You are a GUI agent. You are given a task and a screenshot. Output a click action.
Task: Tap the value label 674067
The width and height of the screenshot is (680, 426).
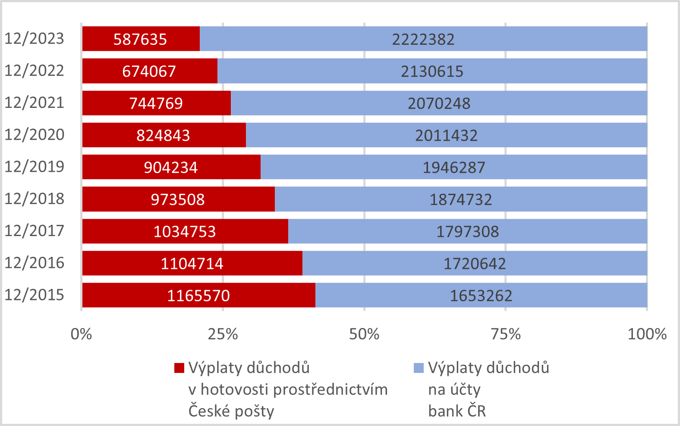(x=149, y=71)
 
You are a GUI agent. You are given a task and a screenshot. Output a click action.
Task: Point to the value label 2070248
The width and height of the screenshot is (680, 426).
(x=439, y=104)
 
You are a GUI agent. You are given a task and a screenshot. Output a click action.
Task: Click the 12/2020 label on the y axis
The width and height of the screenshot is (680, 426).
(x=35, y=135)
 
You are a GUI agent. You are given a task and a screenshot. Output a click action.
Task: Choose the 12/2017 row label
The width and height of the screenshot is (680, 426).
(x=35, y=231)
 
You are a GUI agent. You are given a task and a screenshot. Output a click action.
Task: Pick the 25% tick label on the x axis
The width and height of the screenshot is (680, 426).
(x=223, y=334)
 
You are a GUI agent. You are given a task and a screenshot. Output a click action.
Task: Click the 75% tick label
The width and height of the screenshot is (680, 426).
(x=506, y=334)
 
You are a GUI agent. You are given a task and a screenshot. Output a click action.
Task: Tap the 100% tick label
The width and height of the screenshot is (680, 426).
(x=647, y=334)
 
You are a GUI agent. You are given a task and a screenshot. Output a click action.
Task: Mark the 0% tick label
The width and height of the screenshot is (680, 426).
(x=82, y=334)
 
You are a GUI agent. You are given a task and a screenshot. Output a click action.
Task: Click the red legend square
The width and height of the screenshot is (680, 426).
(x=179, y=368)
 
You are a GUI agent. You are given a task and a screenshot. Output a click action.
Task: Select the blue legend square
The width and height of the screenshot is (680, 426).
(x=419, y=368)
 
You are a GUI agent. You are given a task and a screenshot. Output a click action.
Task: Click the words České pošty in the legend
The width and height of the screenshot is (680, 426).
(x=231, y=411)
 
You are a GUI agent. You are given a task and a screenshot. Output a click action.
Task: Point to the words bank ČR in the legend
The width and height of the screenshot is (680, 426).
(x=457, y=411)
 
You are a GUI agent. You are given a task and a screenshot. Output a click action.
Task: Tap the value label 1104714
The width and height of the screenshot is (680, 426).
(x=192, y=263)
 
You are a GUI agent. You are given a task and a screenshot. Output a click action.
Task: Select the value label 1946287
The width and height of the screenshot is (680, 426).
(x=453, y=167)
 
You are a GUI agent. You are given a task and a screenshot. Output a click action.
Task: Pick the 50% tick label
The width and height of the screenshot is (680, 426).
(x=364, y=334)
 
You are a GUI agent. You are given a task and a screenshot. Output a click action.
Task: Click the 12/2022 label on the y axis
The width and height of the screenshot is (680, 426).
(x=35, y=70)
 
